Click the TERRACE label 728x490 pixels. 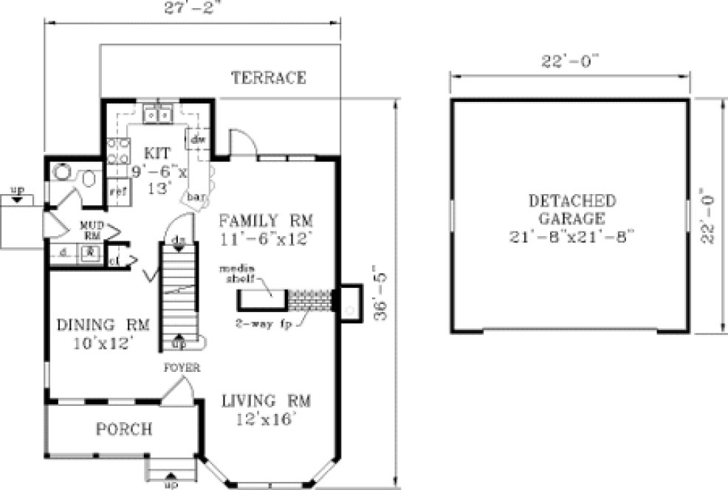tap(268, 78)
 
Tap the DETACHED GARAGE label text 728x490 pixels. tap(572, 210)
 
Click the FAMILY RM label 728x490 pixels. tap(267, 220)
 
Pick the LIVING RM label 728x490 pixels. tap(267, 401)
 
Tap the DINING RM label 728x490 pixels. tap(103, 325)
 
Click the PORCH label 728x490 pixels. tap(124, 429)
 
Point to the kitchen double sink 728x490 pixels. tap(159, 114)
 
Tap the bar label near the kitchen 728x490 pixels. tap(195, 197)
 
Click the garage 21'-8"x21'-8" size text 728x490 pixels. tap(572, 237)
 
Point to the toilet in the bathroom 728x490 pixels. tap(90, 180)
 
